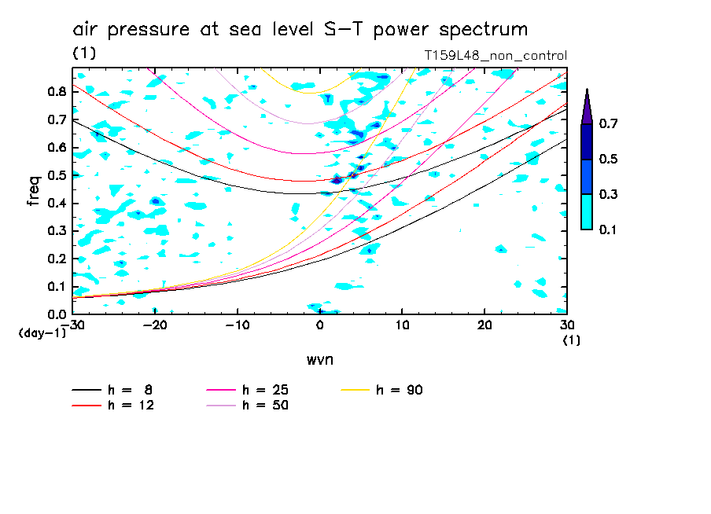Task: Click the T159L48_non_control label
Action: (x=495, y=55)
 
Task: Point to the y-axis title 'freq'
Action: (x=34, y=191)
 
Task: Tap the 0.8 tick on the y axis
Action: (x=56, y=91)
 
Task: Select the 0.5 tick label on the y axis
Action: (x=56, y=175)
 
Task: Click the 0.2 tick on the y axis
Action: (x=56, y=259)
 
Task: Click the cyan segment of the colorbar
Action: (x=587, y=211)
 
